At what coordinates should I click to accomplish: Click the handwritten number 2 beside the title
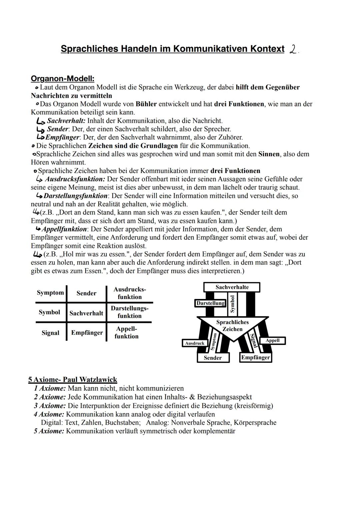click(293, 49)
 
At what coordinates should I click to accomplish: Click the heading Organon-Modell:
click(62, 79)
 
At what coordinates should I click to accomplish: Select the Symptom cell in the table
click(50, 293)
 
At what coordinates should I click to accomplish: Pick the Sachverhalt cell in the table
click(86, 313)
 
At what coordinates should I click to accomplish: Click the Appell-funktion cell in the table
click(126, 332)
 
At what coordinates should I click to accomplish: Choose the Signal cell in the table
click(50, 333)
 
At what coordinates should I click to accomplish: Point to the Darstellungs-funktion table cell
click(129, 312)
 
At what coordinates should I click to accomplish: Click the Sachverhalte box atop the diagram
click(232, 287)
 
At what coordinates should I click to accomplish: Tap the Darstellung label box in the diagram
click(210, 303)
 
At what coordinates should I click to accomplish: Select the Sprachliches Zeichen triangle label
click(232, 326)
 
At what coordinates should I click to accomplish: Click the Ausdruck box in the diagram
click(195, 343)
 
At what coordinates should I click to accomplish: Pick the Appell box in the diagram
click(272, 340)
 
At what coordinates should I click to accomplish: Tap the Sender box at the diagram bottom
click(213, 358)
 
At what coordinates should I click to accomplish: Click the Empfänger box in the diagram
click(255, 357)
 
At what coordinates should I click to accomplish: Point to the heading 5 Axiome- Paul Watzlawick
click(73, 380)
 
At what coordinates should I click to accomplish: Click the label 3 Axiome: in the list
click(50, 406)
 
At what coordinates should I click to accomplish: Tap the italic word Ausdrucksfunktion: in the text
click(75, 179)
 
